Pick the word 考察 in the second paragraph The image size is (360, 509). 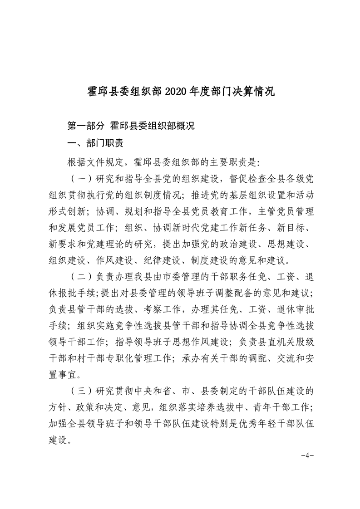[x=155, y=309]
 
